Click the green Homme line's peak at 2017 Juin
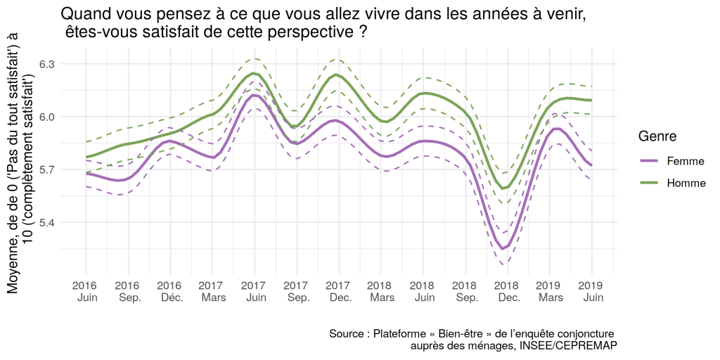click(x=254, y=73)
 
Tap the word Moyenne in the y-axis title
click(x=13, y=266)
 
